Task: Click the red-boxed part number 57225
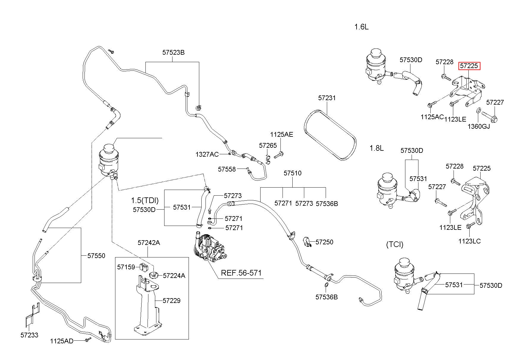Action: (469, 66)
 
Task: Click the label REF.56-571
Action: (241, 273)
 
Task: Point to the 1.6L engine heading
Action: (361, 27)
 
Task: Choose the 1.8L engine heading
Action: (377, 148)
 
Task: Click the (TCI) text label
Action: (395, 244)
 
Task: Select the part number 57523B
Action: (173, 52)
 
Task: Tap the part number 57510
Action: (292, 173)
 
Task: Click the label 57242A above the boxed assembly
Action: (149, 243)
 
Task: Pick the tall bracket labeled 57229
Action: (147, 307)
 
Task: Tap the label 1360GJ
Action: (479, 126)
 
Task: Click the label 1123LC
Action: (470, 241)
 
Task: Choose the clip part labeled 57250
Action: (307, 242)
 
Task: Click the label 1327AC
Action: (207, 154)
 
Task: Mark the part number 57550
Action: (96, 256)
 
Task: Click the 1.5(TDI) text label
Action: (145, 200)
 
